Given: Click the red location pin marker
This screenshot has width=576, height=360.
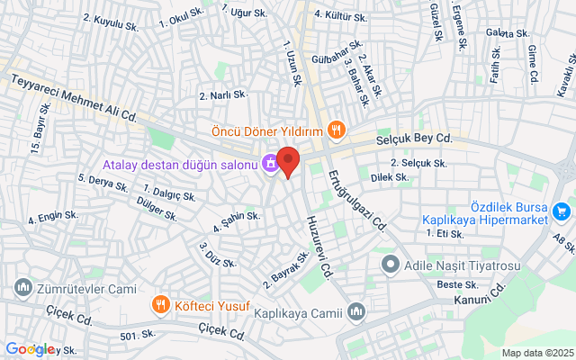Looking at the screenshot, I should pos(287,161).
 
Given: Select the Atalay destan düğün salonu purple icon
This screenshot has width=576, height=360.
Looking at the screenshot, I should pos(269,164).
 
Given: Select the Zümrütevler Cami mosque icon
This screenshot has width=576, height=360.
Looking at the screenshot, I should pos(22,288).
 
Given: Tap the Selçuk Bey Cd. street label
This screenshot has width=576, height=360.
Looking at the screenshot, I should pos(419,139).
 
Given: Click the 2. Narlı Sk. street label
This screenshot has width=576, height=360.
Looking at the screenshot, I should pos(222,95).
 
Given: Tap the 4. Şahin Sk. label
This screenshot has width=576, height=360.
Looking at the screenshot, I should pos(237,220).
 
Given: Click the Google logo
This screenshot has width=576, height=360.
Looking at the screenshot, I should pos(30,349).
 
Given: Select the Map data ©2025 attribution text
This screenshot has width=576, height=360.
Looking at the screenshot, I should pos(536,353).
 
